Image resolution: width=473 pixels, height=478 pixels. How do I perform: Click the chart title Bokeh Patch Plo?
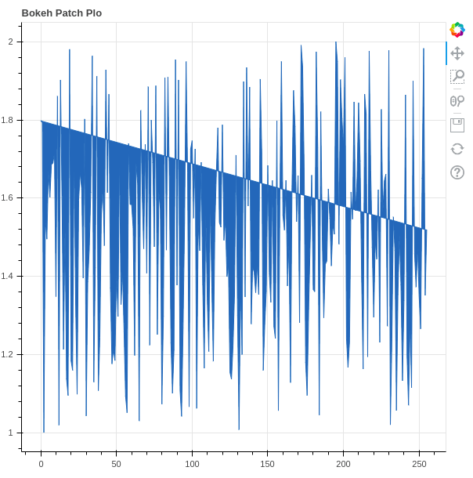(62, 13)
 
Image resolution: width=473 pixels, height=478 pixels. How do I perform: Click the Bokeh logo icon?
(457, 30)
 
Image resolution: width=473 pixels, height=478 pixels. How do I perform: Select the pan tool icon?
(457, 53)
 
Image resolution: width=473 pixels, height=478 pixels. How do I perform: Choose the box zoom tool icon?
(457, 77)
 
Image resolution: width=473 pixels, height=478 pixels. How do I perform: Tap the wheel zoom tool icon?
(457, 101)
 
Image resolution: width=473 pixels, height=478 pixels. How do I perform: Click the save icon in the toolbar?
(457, 125)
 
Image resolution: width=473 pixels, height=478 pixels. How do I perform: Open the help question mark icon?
(457, 172)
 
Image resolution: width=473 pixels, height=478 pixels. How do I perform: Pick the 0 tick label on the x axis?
(42, 464)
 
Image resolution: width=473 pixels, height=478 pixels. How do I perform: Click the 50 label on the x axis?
(117, 464)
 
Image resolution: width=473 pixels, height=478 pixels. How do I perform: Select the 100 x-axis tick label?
(192, 464)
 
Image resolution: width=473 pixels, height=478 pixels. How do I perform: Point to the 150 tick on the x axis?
(268, 464)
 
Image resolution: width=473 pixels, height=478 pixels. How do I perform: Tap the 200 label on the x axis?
(343, 464)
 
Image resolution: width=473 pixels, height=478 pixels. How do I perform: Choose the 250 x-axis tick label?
(418, 464)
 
